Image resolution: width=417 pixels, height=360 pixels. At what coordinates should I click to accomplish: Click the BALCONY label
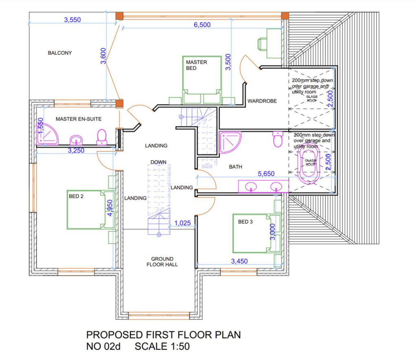(x=59, y=53)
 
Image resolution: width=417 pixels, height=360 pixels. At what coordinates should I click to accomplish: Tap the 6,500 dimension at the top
(x=202, y=24)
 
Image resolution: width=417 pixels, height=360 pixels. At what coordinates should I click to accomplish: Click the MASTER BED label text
(x=196, y=65)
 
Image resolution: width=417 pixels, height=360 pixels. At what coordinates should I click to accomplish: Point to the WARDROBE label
(x=262, y=101)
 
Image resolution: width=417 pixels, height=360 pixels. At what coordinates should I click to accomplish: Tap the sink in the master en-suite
(x=76, y=141)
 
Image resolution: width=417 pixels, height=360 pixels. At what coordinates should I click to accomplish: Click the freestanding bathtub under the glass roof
(x=311, y=163)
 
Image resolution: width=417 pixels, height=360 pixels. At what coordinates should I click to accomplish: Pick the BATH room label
(x=235, y=167)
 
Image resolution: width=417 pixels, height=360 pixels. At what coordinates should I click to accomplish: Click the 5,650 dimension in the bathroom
(x=266, y=174)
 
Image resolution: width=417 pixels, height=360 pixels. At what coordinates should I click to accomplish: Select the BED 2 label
(x=76, y=197)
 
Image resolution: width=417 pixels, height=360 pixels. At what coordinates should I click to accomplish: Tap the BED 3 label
(x=246, y=222)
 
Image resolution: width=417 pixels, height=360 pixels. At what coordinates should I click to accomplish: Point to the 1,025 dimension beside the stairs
(x=182, y=223)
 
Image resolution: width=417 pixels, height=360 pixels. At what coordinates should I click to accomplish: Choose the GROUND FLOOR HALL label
(x=162, y=262)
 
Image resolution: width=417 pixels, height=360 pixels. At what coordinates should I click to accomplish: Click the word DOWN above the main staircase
(x=158, y=162)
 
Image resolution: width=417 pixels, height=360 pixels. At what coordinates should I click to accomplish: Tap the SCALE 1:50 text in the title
(x=162, y=347)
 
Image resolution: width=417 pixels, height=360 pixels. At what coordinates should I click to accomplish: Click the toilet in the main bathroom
(x=278, y=139)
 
